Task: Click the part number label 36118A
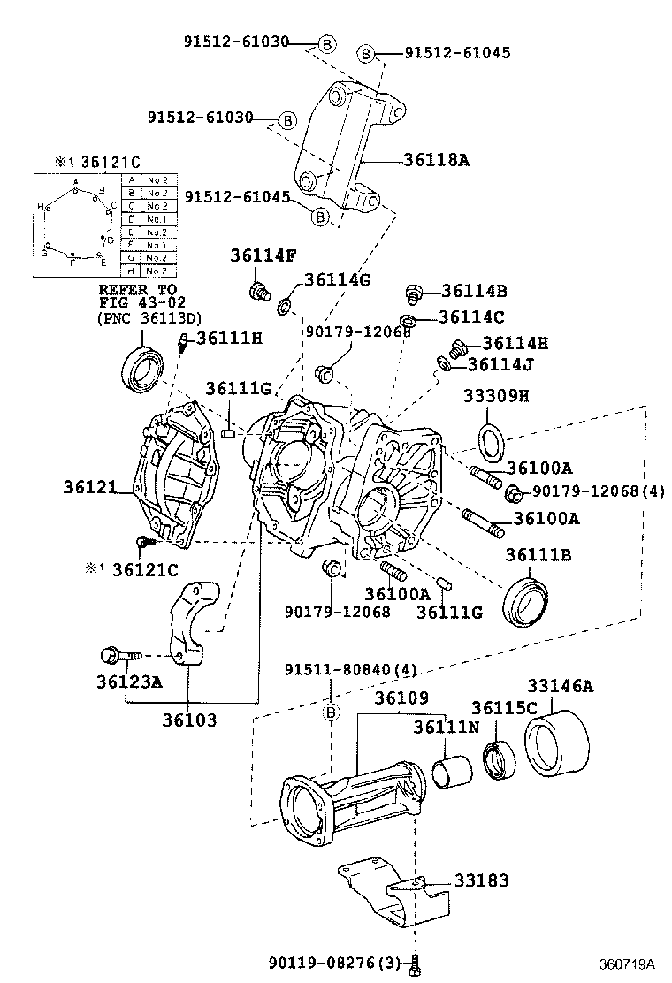(437, 160)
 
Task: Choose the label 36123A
(128, 681)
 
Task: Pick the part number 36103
(188, 720)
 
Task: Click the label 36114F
(263, 255)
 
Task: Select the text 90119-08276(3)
(338, 962)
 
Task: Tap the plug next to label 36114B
(412, 292)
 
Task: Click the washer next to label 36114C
(408, 318)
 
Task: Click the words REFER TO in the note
(137, 289)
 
